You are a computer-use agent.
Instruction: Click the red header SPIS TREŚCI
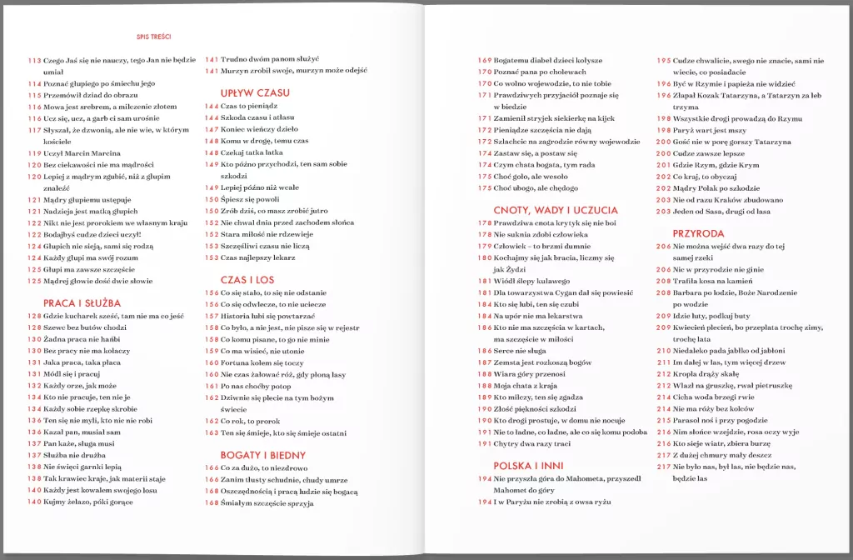[154, 37]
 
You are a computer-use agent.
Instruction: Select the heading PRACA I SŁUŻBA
[82, 303]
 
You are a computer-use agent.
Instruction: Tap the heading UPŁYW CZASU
[255, 92]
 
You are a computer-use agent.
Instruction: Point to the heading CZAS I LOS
[247, 280]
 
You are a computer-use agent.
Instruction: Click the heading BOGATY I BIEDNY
[263, 455]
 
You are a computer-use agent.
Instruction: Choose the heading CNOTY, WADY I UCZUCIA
[556, 210]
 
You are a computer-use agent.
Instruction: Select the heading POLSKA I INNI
[529, 466]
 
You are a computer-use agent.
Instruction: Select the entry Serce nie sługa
[523, 351]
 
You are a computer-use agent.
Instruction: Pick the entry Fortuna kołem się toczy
[262, 362]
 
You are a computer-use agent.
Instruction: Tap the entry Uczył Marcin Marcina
[82, 153]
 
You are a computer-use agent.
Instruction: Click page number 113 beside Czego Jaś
[34, 61]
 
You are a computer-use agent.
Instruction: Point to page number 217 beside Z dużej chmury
[664, 455]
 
